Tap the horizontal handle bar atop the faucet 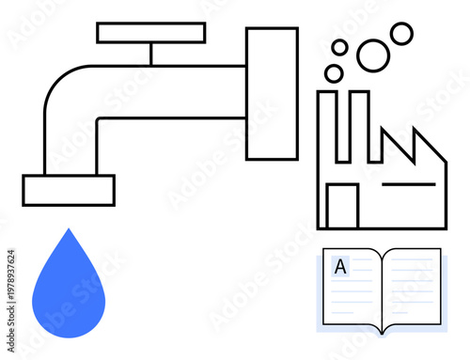coord(150,33)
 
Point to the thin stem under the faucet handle coord(150,54)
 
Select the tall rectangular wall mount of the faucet coord(272,94)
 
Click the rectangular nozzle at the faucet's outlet coord(69,190)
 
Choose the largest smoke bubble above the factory coord(373,55)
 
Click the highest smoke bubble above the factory coord(401,34)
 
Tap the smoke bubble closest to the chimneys coord(334,73)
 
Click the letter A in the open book coord(340,267)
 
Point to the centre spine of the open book coord(382,291)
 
